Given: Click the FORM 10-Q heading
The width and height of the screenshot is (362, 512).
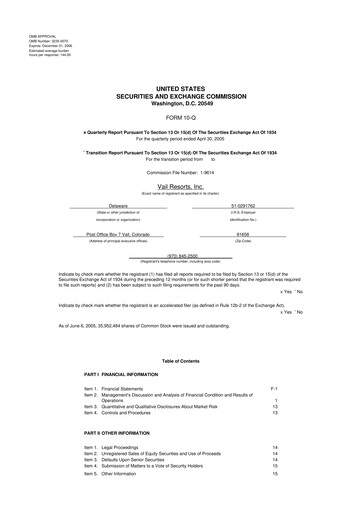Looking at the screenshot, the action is click(x=180, y=118).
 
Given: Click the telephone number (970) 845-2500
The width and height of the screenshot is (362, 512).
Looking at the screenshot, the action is click(x=180, y=255).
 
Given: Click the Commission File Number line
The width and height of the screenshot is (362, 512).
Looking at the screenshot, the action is click(x=180, y=172).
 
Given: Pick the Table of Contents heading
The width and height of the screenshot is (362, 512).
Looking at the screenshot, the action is click(x=180, y=360).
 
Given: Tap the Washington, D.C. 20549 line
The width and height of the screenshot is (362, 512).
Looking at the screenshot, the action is click(x=180, y=103).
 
